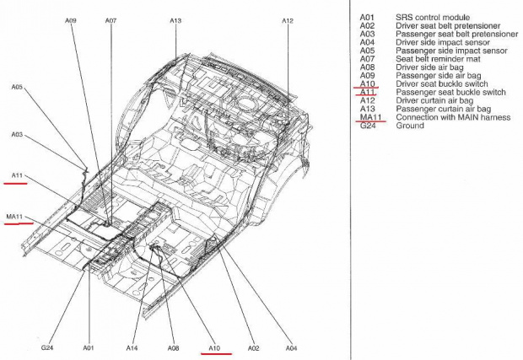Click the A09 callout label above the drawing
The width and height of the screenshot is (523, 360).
[70, 21]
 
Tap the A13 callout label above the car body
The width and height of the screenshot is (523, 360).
[175, 21]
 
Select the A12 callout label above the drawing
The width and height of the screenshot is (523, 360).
[288, 21]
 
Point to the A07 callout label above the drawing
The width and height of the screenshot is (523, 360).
[111, 21]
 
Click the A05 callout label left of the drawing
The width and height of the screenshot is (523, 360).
[17, 87]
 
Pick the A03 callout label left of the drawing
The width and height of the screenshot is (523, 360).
[17, 134]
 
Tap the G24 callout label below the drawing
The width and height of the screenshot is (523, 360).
[47, 347]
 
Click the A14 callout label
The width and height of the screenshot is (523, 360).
[132, 348]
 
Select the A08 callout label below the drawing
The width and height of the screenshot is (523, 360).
[173, 348]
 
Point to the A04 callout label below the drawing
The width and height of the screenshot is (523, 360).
[291, 348]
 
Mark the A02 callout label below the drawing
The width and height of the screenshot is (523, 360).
[254, 348]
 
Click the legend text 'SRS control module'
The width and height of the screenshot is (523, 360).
[433, 18]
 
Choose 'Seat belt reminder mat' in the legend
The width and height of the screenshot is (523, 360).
[438, 59]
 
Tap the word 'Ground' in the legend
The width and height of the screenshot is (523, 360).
[410, 126]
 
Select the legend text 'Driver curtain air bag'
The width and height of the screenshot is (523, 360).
[434, 100]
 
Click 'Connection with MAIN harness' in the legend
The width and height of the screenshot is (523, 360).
[453, 117]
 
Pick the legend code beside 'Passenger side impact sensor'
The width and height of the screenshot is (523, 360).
[367, 51]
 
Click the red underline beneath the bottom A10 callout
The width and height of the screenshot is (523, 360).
[216, 353]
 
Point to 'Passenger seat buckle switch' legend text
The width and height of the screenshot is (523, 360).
[450, 93]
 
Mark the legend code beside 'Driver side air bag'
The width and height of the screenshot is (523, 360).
[367, 67]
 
